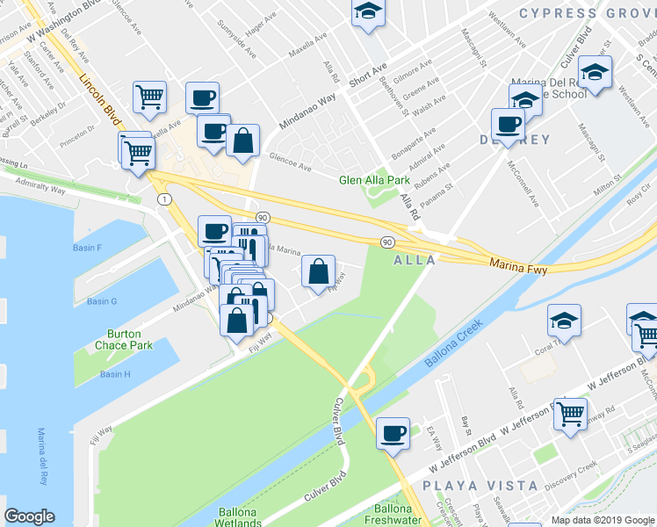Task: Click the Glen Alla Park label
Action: [x=374, y=180]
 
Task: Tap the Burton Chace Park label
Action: [x=129, y=340]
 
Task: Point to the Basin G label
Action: [x=102, y=302]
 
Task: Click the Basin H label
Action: [x=115, y=374]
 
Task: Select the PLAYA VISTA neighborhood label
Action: [x=480, y=485]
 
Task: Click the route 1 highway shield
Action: [x=164, y=199]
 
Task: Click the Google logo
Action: [x=29, y=516]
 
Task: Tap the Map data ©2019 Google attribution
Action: [x=602, y=520]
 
